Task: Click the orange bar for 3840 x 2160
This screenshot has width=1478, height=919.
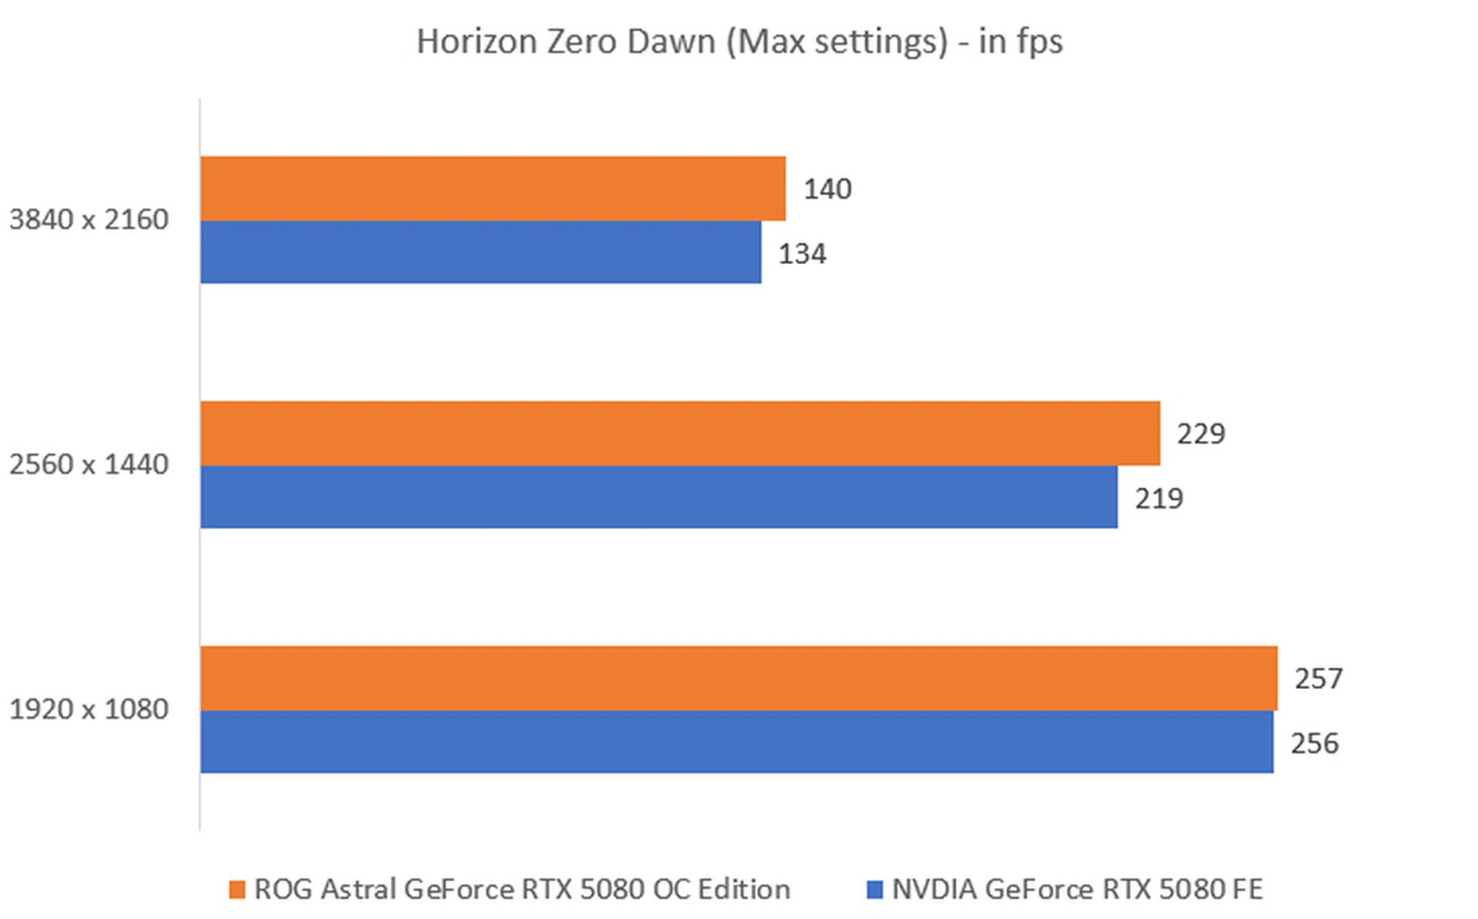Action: pos(493,189)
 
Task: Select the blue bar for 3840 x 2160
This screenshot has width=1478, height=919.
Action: pos(481,252)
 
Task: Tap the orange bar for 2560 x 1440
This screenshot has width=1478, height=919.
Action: pos(680,433)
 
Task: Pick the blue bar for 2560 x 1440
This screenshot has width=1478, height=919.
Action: pos(659,497)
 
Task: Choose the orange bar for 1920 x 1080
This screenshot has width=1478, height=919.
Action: pos(739,678)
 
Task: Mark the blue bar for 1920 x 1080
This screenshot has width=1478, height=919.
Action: pos(737,742)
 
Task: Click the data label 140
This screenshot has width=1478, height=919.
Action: pos(828,189)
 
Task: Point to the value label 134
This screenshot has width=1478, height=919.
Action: pos(802,254)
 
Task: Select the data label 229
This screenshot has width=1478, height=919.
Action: pos(1201,434)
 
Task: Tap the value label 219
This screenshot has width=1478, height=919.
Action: pos(1159,499)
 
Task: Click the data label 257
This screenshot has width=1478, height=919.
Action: pos(1319,679)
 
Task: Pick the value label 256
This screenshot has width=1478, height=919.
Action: pos(1315,744)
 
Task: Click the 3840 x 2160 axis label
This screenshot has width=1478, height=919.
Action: pos(89,220)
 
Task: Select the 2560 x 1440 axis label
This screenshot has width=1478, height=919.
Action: pos(89,465)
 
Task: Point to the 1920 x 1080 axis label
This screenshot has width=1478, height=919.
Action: pos(89,710)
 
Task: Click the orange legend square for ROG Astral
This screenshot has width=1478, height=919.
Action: pos(237,890)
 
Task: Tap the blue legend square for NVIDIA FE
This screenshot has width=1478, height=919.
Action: pos(874,890)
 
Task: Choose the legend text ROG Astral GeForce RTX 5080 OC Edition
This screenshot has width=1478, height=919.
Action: pos(522,890)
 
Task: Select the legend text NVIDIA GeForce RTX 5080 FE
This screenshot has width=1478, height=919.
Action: pos(1077,890)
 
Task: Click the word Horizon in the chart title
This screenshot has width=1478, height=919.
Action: pos(477,42)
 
